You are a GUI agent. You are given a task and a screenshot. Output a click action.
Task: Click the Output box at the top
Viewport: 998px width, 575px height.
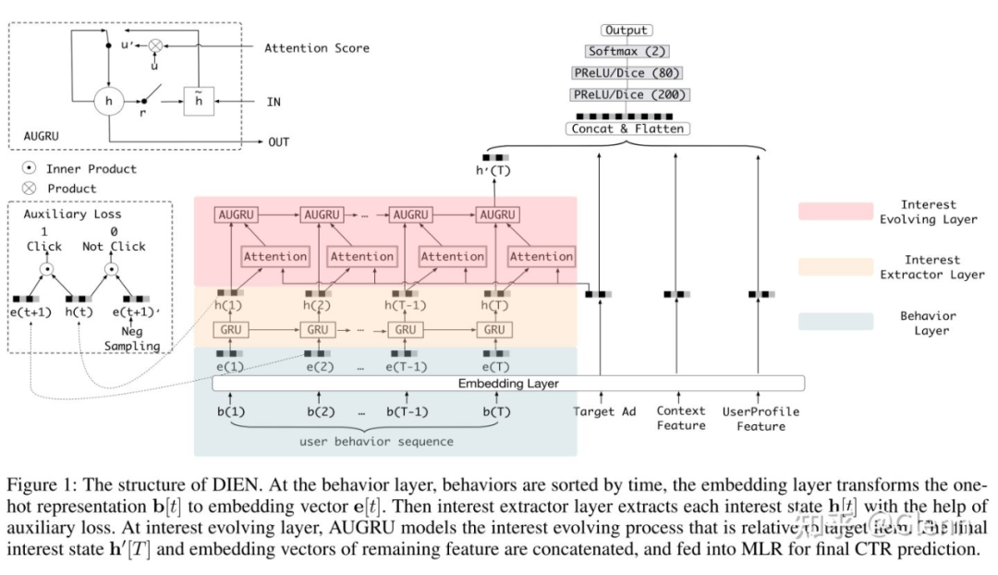click(x=627, y=31)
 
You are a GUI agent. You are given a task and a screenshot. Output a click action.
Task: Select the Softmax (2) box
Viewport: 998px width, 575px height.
click(x=627, y=52)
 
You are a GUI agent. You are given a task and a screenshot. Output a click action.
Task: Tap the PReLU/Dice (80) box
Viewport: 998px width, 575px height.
click(x=627, y=73)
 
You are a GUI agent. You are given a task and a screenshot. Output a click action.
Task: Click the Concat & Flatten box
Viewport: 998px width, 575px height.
click(x=627, y=128)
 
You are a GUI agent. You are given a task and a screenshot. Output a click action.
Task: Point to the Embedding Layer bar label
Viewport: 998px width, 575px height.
click(x=509, y=383)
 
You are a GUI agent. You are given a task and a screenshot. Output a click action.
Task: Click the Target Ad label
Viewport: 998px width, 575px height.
click(x=605, y=411)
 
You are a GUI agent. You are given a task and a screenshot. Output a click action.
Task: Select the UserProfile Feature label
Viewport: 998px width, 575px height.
click(x=761, y=419)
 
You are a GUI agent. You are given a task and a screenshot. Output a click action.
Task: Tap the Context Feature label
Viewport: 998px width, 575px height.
click(x=681, y=418)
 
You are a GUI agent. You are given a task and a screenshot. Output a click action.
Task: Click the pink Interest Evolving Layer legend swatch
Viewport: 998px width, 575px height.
click(x=835, y=212)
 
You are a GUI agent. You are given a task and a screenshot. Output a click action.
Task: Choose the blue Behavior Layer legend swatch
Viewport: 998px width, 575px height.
click(x=835, y=322)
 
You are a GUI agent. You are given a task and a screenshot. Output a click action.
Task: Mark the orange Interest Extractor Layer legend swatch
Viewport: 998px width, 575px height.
click(x=835, y=267)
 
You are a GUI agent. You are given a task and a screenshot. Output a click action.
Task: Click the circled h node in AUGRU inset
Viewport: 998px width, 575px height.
click(x=108, y=102)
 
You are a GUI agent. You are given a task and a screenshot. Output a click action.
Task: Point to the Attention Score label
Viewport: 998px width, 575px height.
click(x=317, y=48)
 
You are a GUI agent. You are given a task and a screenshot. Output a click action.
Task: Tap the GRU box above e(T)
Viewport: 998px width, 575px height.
click(x=494, y=330)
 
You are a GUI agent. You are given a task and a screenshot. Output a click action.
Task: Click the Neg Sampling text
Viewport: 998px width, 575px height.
click(x=131, y=338)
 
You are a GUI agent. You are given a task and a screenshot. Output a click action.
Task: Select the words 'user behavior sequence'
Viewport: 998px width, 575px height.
click(x=376, y=441)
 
